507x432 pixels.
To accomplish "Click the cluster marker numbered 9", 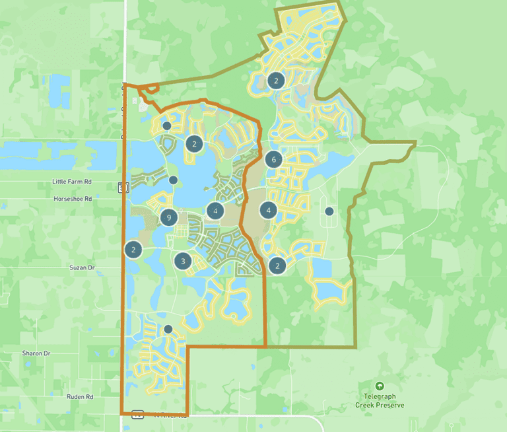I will click(170, 217).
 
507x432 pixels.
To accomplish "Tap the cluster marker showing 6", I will click(274, 159).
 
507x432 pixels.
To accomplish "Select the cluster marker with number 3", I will click(183, 261).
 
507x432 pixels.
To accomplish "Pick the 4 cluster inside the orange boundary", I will click(215, 211).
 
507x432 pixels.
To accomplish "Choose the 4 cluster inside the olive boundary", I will click(268, 211).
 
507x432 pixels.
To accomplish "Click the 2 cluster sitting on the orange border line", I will click(133, 250).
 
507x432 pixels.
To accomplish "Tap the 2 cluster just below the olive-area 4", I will click(277, 266).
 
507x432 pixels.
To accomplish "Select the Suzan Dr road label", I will click(83, 268).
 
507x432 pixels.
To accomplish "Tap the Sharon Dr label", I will click(36, 353).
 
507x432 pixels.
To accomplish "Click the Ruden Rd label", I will click(79, 397).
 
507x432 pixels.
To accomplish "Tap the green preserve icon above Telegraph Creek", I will click(380, 386).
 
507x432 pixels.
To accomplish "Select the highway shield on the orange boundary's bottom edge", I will click(137, 415).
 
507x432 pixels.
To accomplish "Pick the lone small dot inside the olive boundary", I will click(329, 211).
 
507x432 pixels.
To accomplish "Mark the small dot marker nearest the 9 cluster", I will click(173, 180).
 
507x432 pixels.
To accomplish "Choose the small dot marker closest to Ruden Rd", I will click(168, 329).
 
